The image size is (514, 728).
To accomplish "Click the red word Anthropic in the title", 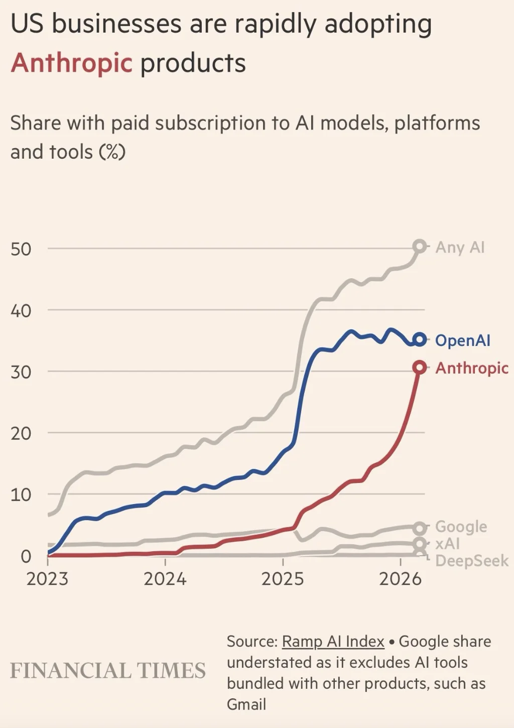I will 71,63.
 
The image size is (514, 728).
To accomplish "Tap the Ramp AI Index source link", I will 333,642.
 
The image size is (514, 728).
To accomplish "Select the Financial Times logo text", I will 108,671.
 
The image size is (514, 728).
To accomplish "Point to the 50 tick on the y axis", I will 21,249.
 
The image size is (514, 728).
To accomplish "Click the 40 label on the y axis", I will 21,311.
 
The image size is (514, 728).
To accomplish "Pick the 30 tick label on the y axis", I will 21,372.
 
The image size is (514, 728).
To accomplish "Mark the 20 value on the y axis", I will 21,433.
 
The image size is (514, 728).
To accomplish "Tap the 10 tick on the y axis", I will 21,495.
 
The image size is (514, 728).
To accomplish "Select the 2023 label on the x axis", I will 47,579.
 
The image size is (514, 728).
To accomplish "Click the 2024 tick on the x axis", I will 165,579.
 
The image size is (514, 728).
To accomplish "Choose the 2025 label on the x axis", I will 283,579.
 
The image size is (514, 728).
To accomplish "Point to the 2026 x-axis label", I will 400,579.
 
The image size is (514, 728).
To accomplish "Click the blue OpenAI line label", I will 462,340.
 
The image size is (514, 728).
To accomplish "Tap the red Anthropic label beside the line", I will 471,368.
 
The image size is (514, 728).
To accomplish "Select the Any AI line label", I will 460,248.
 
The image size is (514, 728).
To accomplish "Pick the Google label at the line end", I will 461,527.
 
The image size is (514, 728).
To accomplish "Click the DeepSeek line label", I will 471,561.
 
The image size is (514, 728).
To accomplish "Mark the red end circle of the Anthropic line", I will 419,368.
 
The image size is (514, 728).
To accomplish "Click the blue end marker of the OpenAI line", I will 420,340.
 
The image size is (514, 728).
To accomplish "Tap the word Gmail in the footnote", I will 246,704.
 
